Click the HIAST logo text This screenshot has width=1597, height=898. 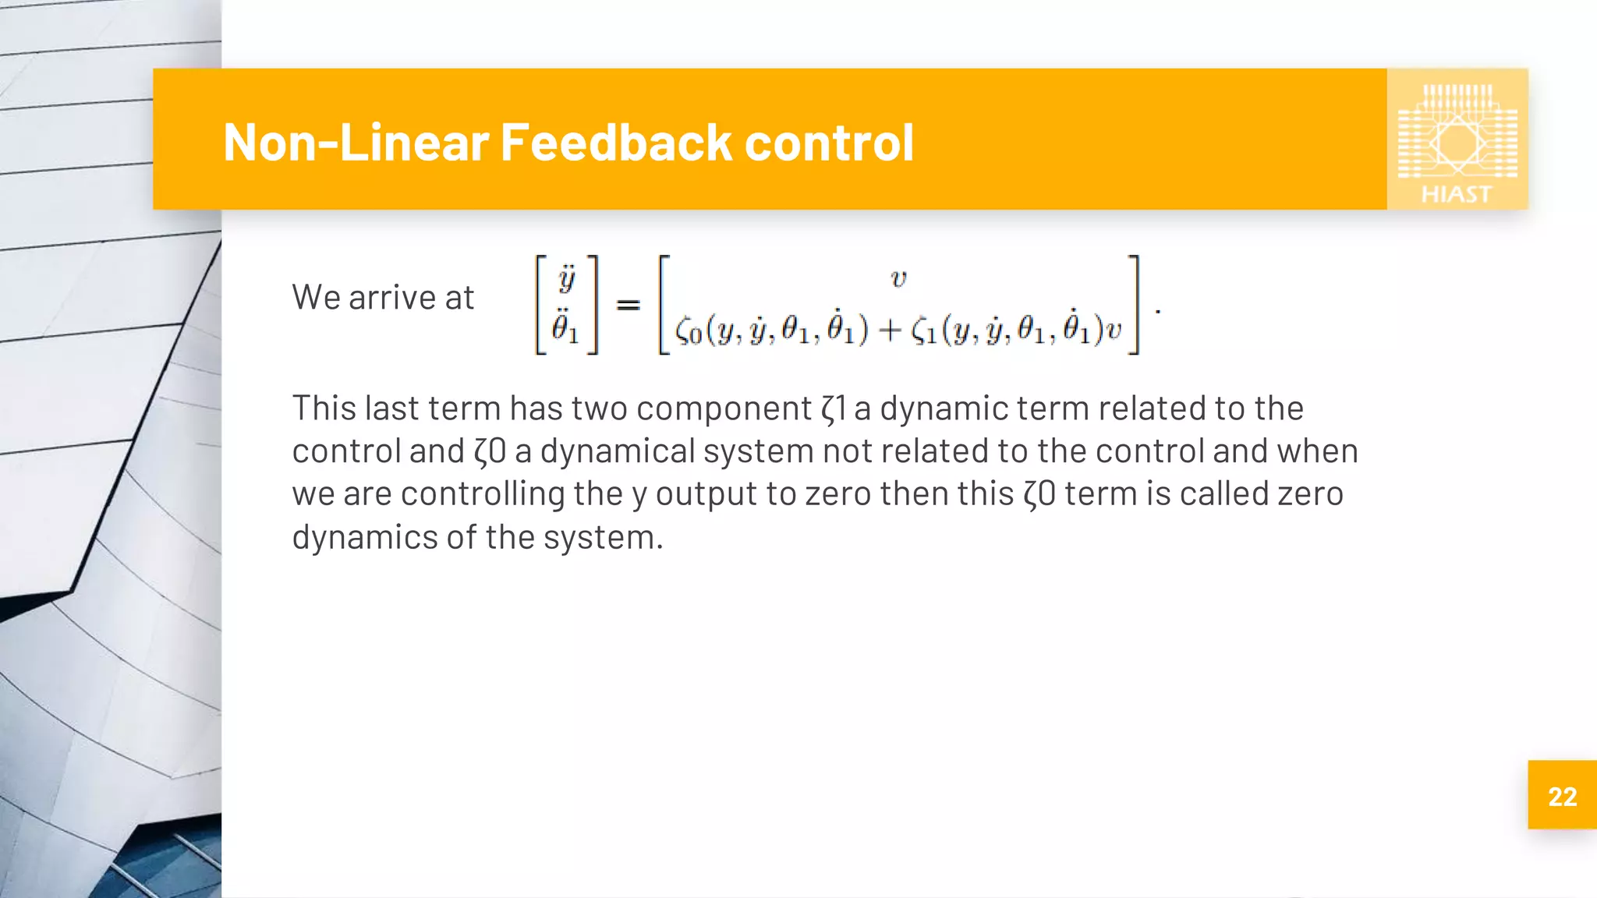(1456, 194)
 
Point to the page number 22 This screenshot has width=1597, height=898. (1562, 797)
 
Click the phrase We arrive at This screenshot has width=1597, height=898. (383, 298)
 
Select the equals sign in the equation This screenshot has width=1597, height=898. (628, 306)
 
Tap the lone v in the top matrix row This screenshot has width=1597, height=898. (898, 279)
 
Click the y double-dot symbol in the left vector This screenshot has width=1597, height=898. (567, 279)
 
